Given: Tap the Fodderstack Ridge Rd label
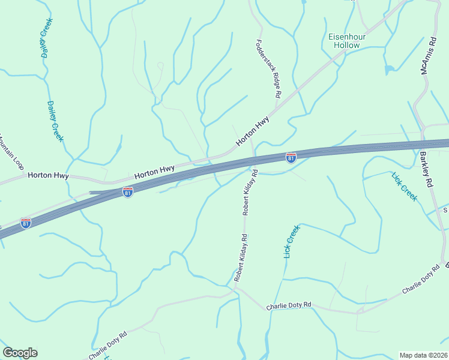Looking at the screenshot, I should pyautogui.click(x=268, y=69).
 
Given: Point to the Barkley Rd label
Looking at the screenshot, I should pyautogui.click(x=426, y=171).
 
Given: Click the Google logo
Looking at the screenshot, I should pyautogui.click(x=20, y=353).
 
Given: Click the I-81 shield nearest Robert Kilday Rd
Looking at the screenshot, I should pyautogui.click(x=291, y=158).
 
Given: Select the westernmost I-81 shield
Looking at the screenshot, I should pyautogui.click(x=25, y=223).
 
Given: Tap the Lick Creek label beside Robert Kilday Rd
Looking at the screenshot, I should pyautogui.click(x=291, y=241).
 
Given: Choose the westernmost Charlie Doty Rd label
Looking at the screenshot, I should pyautogui.click(x=108, y=346).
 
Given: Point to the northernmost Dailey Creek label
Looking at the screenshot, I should pyautogui.click(x=47, y=37).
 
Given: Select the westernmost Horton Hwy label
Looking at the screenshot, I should pyautogui.click(x=48, y=176).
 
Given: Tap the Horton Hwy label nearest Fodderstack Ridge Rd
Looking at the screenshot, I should pyautogui.click(x=252, y=131).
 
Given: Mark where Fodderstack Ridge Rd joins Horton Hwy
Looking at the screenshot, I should pyautogui.click(x=276, y=109).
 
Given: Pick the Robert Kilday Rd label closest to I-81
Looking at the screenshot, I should pyautogui.click(x=250, y=192).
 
